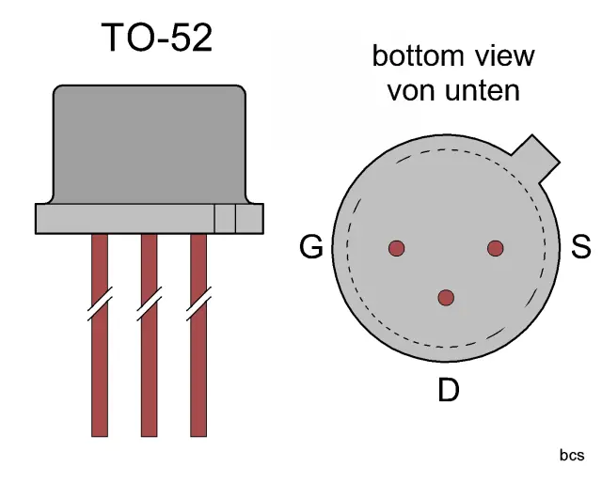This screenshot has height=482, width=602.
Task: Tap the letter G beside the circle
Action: pyautogui.click(x=311, y=248)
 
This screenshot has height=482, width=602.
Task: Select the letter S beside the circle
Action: pyautogui.click(x=581, y=247)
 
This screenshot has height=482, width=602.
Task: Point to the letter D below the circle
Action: pyautogui.click(x=449, y=390)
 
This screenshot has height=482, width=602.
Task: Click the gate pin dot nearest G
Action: pyautogui.click(x=397, y=248)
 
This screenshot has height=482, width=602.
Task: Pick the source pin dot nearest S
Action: pyautogui.click(x=496, y=248)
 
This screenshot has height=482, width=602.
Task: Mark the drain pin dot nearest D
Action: pyautogui.click(x=446, y=298)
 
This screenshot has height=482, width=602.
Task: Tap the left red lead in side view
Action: pyautogui.click(x=99, y=376)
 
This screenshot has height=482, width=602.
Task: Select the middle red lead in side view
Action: pyautogui.click(x=149, y=376)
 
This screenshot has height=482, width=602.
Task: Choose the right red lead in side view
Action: pyautogui.click(x=198, y=376)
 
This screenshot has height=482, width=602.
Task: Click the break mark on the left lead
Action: pyautogui.click(x=99, y=305)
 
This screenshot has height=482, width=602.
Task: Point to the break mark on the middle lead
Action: pyautogui.click(x=149, y=305)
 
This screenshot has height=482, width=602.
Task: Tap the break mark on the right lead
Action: pyautogui.click(x=198, y=305)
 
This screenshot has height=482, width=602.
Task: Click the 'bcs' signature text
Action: pyautogui.click(x=571, y=456)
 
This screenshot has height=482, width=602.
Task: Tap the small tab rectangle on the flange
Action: pyautogui.click(x=225, y=218)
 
